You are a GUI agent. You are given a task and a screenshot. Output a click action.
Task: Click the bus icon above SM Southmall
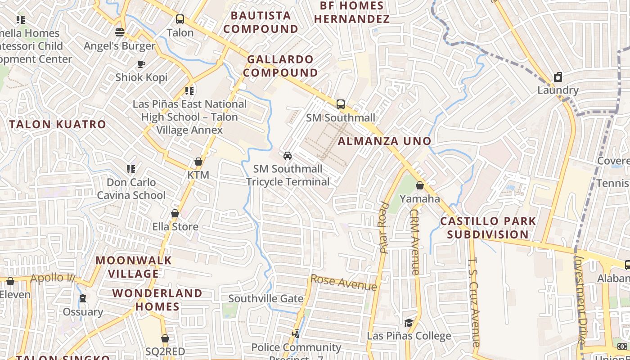click(x=341, y=104)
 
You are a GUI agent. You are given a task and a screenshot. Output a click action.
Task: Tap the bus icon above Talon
click(x=180, y=19)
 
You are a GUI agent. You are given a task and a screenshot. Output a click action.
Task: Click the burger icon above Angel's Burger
click(x=120, y=32)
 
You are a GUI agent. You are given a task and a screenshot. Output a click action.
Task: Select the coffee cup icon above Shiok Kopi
click(x=141, y=64)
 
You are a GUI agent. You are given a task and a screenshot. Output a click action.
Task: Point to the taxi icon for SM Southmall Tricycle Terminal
click(x=288, y=156)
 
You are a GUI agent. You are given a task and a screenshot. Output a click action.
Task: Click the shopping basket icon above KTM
click(x=198, y=162)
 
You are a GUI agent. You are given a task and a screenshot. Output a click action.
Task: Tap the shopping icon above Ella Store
click(x=175, y=213)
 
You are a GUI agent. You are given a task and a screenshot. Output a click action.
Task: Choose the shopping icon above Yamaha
click(x=420, y=185)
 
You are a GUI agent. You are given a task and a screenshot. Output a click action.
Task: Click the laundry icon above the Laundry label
click(x=558, y=77)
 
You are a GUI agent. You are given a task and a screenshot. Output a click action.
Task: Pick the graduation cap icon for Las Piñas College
click(x=409, y=323)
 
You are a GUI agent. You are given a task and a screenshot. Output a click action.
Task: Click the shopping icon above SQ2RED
click(x=165, y=338)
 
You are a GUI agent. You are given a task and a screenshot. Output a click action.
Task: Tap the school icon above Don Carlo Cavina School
click(x=131, y=169)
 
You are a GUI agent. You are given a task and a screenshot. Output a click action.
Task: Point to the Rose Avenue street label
click(x=344, y=283)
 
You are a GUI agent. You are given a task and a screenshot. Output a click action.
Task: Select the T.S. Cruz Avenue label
click(x=475, y=301)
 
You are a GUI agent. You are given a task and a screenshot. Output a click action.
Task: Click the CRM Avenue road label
click(x=414, y=242)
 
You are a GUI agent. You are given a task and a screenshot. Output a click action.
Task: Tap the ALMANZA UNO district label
click(x=385, y=141)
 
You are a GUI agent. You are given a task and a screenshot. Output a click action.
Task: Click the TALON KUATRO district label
click(x=58, y=124)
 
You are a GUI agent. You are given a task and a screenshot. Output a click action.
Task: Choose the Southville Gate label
click(x=266, y=298)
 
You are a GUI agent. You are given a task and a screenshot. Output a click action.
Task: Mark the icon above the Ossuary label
click(x=83, y=298)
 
